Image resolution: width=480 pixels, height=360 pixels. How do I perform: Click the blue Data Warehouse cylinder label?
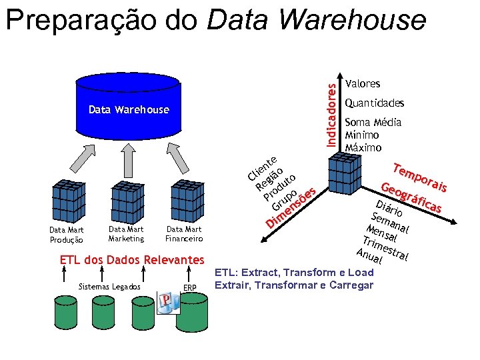coord(129,109)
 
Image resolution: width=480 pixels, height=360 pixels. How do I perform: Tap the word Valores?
coord(362,84)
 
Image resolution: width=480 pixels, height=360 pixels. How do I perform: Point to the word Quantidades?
coord(374,103)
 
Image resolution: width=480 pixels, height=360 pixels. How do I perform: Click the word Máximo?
coord(363,147)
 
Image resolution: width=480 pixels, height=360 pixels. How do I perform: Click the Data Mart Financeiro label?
coord(184,234)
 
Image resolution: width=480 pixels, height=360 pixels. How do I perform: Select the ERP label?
coord(189,287)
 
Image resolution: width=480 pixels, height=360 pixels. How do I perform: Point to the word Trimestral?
coord(385,248)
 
